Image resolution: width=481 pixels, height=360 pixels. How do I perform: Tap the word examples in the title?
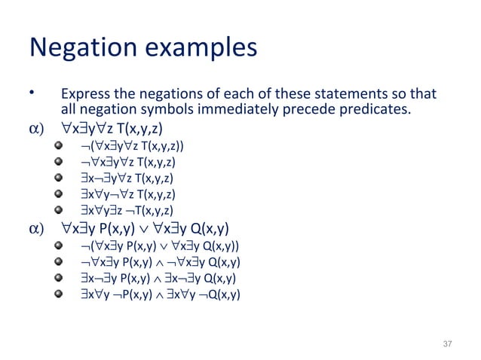[x=200, y=48]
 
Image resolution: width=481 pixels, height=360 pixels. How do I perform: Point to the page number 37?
[x=448, y=343]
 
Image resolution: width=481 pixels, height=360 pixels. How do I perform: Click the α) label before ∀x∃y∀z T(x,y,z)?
[x=36, y=130]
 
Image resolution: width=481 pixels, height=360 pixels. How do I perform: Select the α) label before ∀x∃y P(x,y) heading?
[x=36, y=229]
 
